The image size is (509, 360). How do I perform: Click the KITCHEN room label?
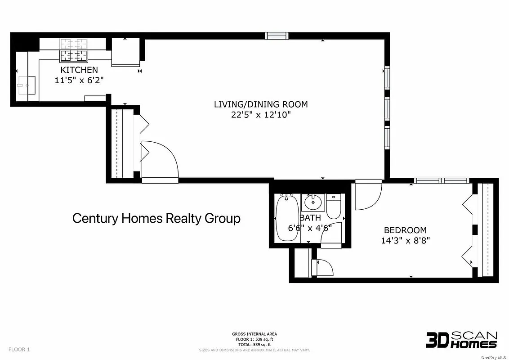[79, 70]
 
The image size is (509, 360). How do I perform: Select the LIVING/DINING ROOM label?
[261, 104]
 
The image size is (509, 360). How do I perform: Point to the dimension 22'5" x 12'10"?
[261, 115]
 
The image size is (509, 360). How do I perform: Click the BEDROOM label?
[405, 230]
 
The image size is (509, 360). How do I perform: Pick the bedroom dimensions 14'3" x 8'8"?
[405, 240]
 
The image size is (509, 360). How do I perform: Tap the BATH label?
[310, 218]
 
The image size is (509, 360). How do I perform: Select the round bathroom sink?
[312, 202]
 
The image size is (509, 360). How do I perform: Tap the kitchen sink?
[28, 85]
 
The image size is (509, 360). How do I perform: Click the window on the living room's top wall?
[276, 36]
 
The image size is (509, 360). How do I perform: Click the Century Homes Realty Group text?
[156, 218]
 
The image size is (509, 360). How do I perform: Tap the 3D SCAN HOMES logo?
[461, 340]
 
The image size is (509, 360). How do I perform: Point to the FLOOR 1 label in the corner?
[19, 349]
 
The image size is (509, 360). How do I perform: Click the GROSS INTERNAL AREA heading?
[254, 334]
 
